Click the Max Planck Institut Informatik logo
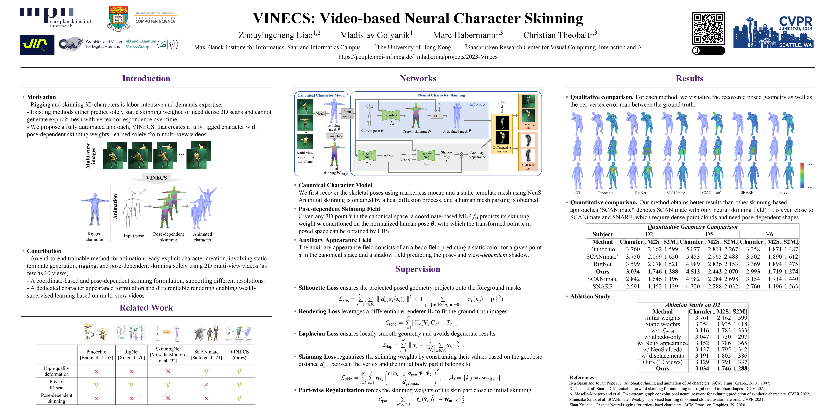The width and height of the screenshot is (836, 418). click(55, 18)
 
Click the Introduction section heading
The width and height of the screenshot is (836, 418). click(146, 79)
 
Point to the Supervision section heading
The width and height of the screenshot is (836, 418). click(418, 269)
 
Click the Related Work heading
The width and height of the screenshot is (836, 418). click(146, 308)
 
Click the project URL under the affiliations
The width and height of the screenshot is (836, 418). click(418, 57)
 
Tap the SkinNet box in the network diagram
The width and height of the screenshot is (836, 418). click(391, 115)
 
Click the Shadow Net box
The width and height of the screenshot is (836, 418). click(426, 155)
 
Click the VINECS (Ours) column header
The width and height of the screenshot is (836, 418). click(239, 354)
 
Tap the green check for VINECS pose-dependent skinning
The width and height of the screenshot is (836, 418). click(239, 398)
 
